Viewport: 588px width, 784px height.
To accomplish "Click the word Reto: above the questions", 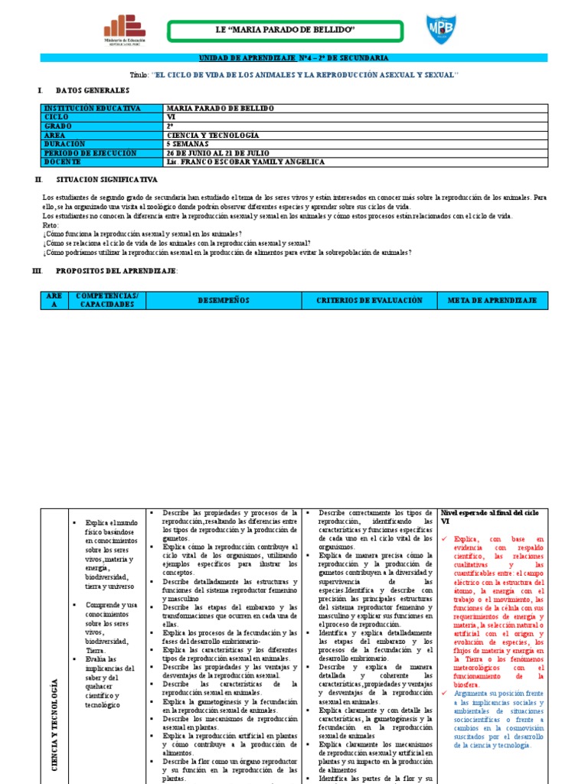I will click(x=51, y=225).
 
